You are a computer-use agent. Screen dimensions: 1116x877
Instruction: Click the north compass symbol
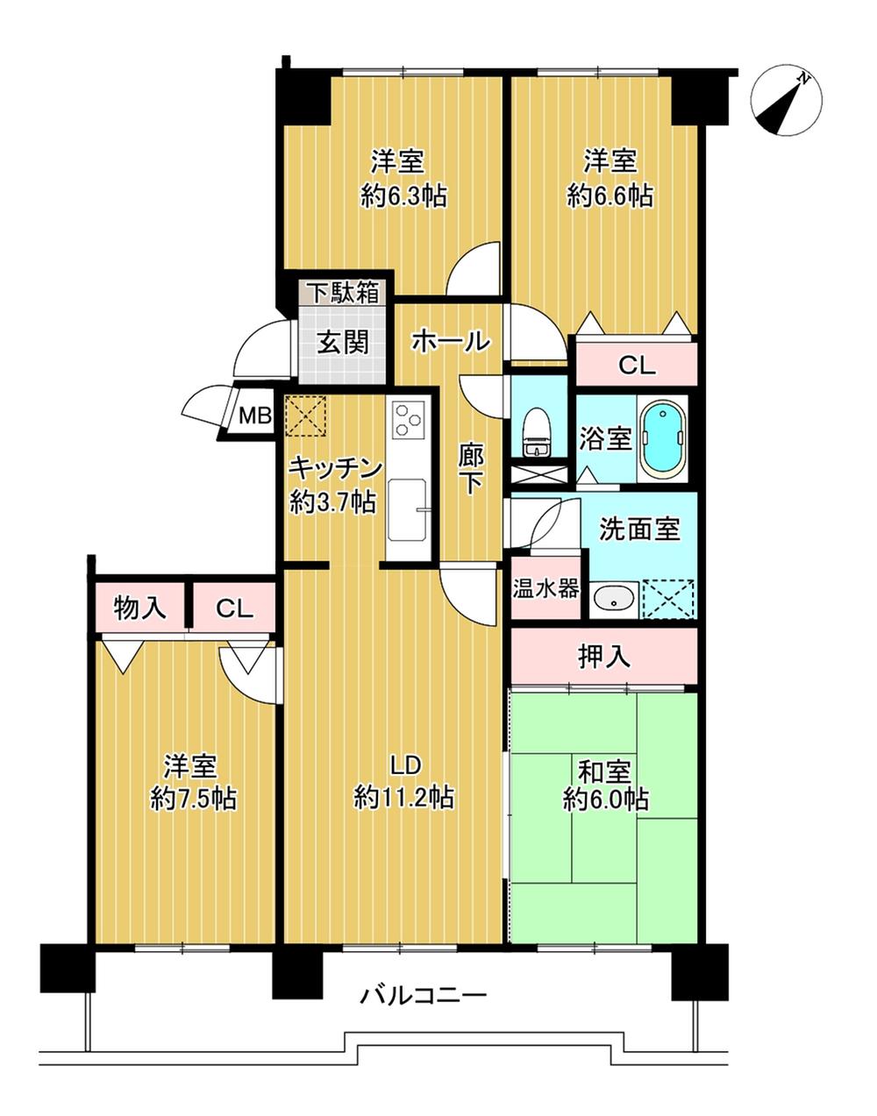tap(787, 102)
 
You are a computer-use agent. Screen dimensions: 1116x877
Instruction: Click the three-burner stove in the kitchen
tap(409, 420)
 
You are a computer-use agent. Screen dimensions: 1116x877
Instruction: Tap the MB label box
tap(256, 416)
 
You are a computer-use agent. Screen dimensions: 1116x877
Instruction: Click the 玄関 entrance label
tap(342, 342)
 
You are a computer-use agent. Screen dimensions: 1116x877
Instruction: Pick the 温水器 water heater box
tap(545, 587)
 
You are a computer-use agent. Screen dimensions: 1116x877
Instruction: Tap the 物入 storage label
tap(140, 608)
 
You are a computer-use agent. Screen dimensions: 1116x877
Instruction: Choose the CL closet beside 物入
tap(233, 608)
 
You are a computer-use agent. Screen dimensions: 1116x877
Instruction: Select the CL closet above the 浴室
tap(637, 365)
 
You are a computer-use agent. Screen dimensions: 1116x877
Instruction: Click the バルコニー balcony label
tap(424, 997)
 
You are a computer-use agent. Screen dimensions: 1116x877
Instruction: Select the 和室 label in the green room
tap(605, 772)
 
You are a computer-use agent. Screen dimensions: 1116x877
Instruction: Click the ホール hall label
tap(450, 341)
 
